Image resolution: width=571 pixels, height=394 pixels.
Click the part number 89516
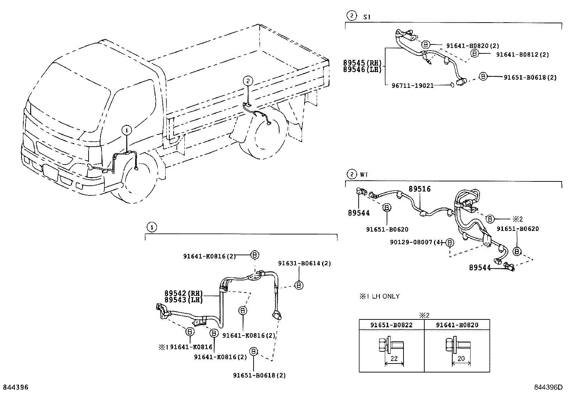click(x=420, y=189)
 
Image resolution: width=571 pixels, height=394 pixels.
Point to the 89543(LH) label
click(x=184, y=300)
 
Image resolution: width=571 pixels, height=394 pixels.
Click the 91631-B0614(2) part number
click(x=304, y=263)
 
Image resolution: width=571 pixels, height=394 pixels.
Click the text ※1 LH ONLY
click(x=379, y=296)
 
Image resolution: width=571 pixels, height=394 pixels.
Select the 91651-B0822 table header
click(x=391, y=325)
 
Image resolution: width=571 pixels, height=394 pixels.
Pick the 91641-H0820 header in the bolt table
click(x=457, y=325)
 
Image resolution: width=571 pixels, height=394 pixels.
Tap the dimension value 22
click(x=394, y=359)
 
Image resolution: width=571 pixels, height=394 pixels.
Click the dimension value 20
click(x=461, y=359)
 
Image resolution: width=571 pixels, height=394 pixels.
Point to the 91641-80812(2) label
click(x=522, y=55)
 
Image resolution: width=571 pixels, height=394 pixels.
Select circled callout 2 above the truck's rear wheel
click(x=248, y=81)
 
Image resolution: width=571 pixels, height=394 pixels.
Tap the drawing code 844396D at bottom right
click(x=548, y=387)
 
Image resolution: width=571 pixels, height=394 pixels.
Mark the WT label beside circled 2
click(x=364, y=175)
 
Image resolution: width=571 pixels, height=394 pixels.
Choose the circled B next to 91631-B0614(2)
click(x=298, y=285)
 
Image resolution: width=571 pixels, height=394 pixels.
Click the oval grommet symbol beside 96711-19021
click(x=452, y=85)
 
